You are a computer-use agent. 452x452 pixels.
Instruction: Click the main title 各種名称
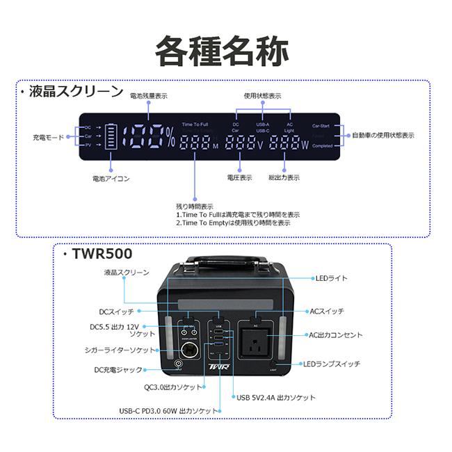(x=222, y=49)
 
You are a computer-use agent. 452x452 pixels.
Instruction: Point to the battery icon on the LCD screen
(x=111, y=137)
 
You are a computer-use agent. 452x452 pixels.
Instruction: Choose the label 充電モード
(x=48, y=137)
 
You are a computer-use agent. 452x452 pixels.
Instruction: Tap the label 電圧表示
(x=240, y=178)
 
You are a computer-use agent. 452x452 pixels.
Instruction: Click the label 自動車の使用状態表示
(x=382, y=135)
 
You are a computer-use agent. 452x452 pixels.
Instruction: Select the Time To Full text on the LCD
(x=195, y=124)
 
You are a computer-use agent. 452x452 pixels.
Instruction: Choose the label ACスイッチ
(x=326, y=311)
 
